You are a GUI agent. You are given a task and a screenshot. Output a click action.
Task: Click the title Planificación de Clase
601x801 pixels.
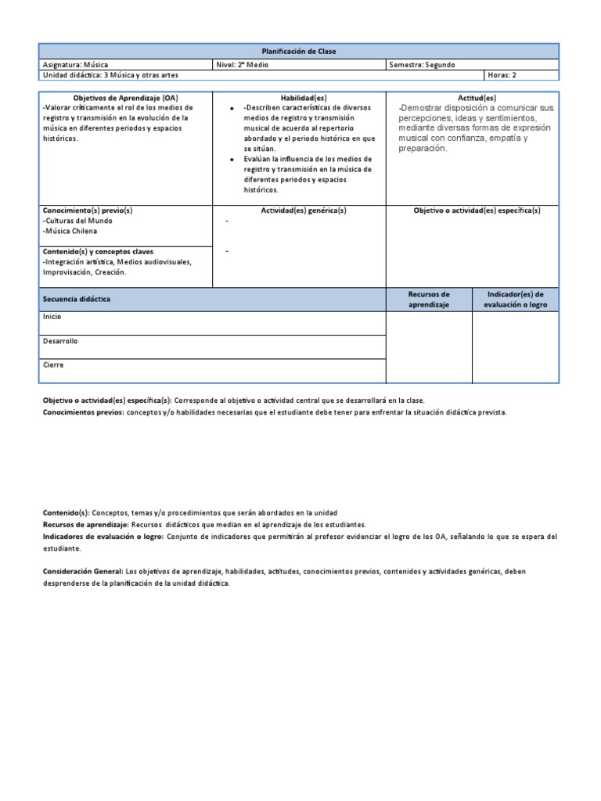(x=300, y=51)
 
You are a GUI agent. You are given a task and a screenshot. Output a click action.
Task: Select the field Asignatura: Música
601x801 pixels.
(x=78, y=64)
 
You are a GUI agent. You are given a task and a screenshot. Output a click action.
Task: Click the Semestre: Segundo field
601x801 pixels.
(x=422, y=64)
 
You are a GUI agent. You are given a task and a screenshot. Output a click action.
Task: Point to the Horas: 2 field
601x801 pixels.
(x=502, y=75)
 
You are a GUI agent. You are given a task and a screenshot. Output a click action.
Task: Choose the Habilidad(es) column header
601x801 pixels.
(x=299, y=98)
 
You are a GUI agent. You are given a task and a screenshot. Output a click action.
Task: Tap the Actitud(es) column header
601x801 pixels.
(x=477, y=98)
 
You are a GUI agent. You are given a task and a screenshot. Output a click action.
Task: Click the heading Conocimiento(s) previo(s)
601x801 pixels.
(x=88, y=210)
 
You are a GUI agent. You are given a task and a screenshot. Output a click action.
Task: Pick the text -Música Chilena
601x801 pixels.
(x=71, y=231)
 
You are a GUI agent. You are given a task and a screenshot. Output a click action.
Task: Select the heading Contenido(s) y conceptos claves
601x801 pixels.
(x=99, y=252)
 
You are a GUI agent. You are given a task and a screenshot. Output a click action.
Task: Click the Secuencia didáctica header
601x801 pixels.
(x=77, y=300)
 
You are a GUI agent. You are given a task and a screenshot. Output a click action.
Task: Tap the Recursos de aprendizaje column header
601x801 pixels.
(x=429, y=300)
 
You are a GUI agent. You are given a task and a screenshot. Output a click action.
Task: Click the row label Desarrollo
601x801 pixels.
(x=60, y=341)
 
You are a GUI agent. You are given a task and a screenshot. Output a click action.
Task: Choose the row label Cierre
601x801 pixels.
(x=53, y=365)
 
